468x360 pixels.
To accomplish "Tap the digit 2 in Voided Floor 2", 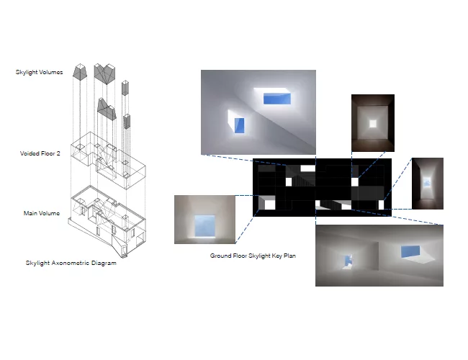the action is click(58, 153).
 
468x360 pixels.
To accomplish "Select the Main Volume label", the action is click(42, 213).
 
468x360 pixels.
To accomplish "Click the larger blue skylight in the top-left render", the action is click(277, 99).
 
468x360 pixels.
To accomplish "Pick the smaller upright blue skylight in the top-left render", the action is click(239, 125).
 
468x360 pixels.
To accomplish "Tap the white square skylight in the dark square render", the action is click(373, 124).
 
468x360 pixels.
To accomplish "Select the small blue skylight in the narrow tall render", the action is click(427, 181).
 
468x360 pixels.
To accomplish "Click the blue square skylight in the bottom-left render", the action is click(204, 226).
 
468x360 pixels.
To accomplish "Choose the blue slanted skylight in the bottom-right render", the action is click(410, 252).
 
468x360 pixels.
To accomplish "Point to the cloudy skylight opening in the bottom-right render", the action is click(348, 261).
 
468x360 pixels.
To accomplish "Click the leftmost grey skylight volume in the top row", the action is click(81, 72).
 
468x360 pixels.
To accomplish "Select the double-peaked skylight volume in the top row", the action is click(104, 73).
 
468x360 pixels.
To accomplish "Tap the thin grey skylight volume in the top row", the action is click(125, 88).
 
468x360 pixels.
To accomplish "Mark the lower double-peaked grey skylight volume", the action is click(107, 109).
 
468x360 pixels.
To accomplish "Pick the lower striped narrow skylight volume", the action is click(127, 122).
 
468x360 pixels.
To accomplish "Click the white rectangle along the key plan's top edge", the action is click(307, 168).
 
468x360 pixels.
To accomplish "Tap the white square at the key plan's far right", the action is click(381, 204).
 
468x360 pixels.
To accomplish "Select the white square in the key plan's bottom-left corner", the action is click(269, 204).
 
